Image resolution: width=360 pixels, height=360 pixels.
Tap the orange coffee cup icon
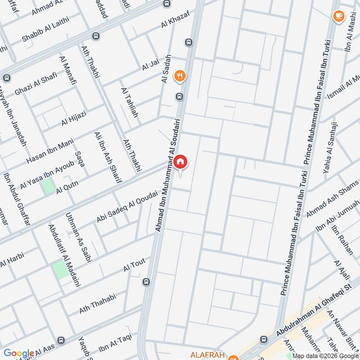338,16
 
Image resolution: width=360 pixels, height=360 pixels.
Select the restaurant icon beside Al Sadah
180,76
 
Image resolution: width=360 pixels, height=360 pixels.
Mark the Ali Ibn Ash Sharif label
108,157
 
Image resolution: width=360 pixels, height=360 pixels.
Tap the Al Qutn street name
67,188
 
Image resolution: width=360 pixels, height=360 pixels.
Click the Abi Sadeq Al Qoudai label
127,207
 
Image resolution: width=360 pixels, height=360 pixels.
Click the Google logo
19,354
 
